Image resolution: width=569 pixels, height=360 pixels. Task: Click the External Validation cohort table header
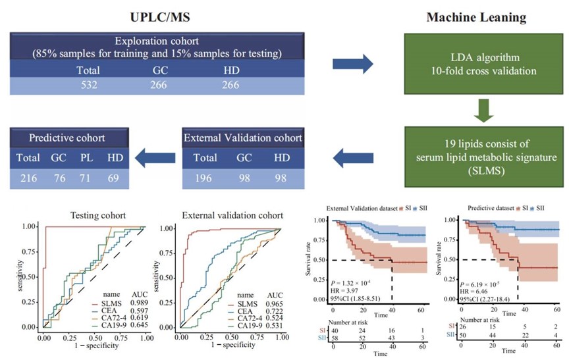pyautogui.click(x=243, y=138)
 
